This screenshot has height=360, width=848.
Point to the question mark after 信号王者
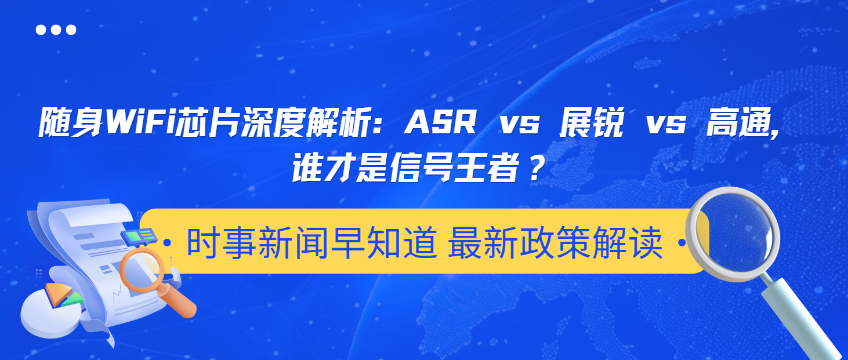(x=537, y=169)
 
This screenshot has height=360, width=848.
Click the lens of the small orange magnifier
(x=141, y=270)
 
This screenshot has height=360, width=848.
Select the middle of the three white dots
(x=56, y=30)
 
